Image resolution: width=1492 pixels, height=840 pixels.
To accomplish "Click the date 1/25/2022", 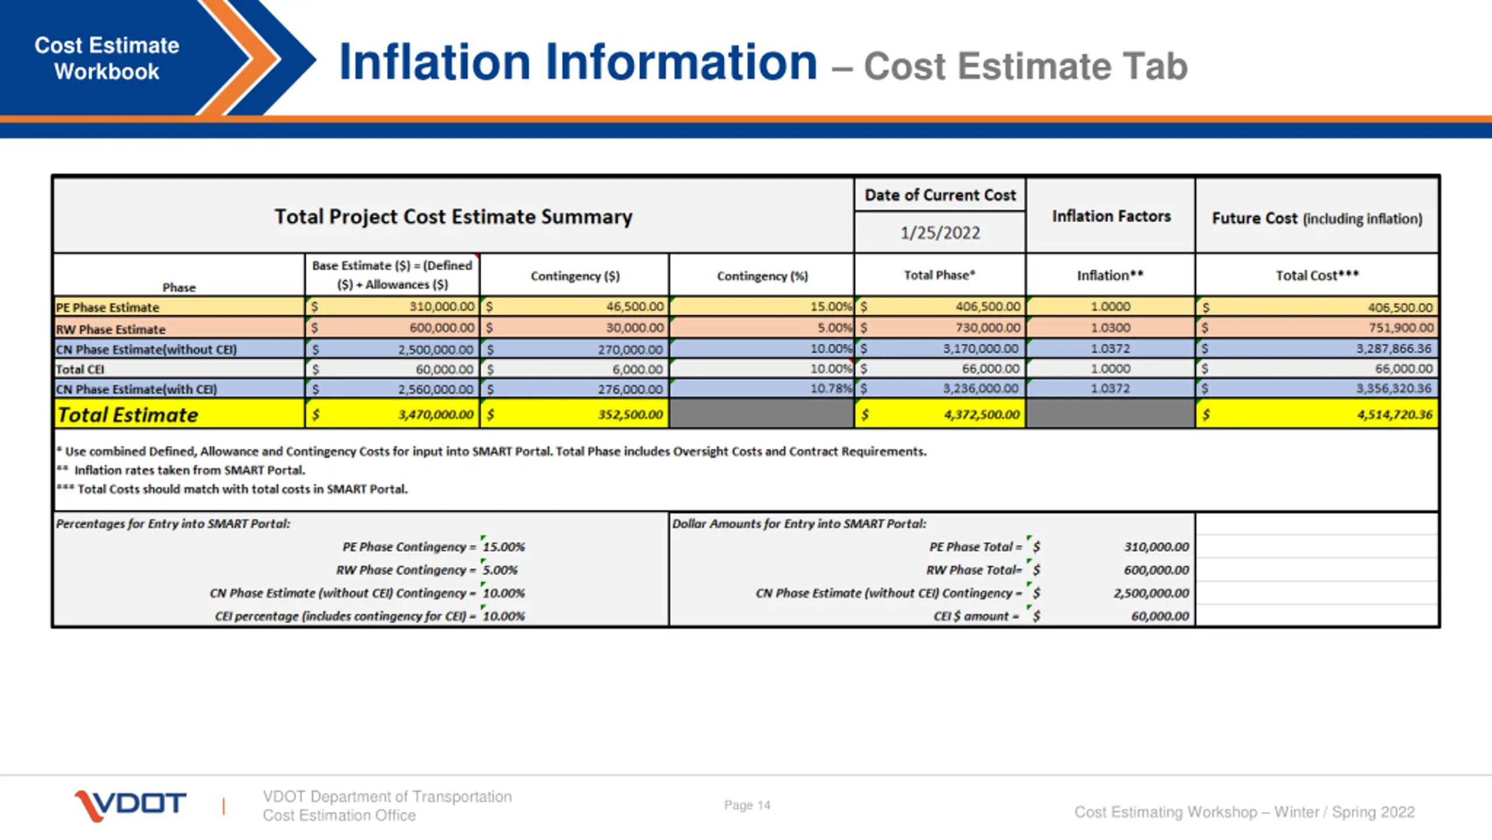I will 939,233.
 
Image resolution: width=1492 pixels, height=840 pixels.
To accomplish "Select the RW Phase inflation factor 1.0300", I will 1110,328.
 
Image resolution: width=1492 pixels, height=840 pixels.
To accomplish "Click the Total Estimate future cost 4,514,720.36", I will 1394,415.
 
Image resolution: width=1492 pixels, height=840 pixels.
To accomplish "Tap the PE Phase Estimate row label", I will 108,307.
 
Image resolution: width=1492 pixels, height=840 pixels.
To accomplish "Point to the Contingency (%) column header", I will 762,276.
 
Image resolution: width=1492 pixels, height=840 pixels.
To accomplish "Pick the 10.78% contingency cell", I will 831,388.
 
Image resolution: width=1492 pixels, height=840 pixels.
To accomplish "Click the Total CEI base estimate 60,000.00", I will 444,369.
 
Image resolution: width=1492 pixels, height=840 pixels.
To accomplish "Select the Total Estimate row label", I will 128,415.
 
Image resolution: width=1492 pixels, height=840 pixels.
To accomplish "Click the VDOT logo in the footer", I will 131,805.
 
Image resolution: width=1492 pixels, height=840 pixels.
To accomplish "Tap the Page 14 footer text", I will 747,805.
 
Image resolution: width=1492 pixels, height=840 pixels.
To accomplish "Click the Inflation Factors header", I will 1111,216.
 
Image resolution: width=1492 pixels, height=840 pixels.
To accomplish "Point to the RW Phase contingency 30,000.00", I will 634,328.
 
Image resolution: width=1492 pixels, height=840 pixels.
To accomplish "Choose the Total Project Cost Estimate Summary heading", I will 453,217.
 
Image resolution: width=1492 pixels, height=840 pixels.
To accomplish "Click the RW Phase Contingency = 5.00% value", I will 500,570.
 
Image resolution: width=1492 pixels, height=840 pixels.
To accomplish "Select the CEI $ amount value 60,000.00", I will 1160,616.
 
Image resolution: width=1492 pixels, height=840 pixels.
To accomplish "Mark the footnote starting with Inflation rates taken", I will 189,470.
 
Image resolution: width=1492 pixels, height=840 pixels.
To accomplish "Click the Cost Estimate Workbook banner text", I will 107,58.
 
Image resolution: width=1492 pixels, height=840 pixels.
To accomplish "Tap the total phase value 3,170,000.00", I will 981,349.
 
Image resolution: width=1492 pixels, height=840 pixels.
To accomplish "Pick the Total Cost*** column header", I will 1317,275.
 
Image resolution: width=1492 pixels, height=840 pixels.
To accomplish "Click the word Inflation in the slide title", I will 434,62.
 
